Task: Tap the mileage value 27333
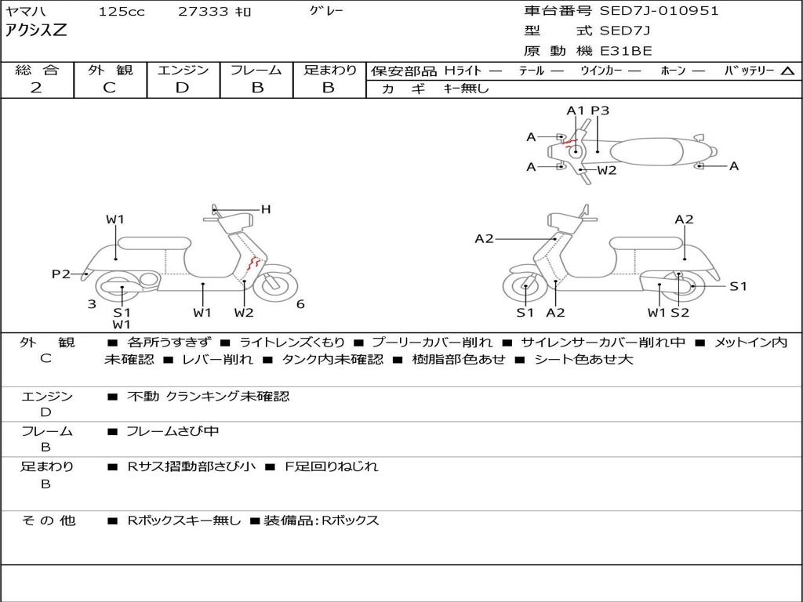point(203,12)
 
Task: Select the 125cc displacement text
point(122,12)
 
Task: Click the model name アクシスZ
point(37,31)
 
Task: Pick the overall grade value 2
point(36,88)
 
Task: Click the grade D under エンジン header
point(183,88)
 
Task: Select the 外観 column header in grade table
point(110,71)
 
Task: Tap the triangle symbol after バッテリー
point(787,71)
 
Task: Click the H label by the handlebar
point(266,209)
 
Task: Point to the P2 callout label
point(61,274)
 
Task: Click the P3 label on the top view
point(600,111)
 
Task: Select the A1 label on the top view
point(576,111)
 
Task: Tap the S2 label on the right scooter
point(679,313)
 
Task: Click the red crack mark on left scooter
point(253,264)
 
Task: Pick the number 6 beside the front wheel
point(300,304)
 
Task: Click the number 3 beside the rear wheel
point(92,304)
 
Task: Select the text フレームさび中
point(173,431)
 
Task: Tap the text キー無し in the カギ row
point(466,89)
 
